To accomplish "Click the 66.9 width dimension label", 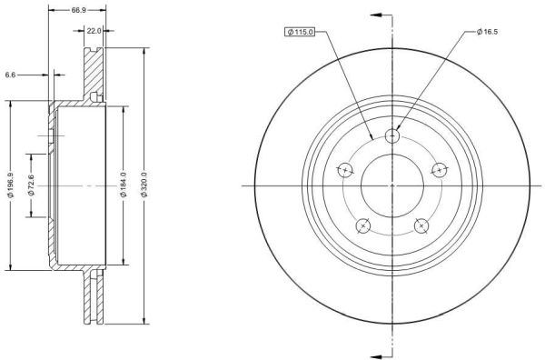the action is coord(78,10).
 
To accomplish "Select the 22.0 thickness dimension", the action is coord(94,31).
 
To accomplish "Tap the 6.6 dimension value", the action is coord(10,75).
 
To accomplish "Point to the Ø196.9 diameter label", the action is coord(11,185).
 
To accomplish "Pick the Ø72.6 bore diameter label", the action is coord(31,185).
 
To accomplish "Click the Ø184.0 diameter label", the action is coord(124,185).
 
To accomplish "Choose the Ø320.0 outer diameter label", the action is coord(144,185).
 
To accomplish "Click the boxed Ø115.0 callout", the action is coord(300,32).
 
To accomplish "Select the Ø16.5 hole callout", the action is coord(487,32).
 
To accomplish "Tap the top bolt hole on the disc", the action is coord(392,135).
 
